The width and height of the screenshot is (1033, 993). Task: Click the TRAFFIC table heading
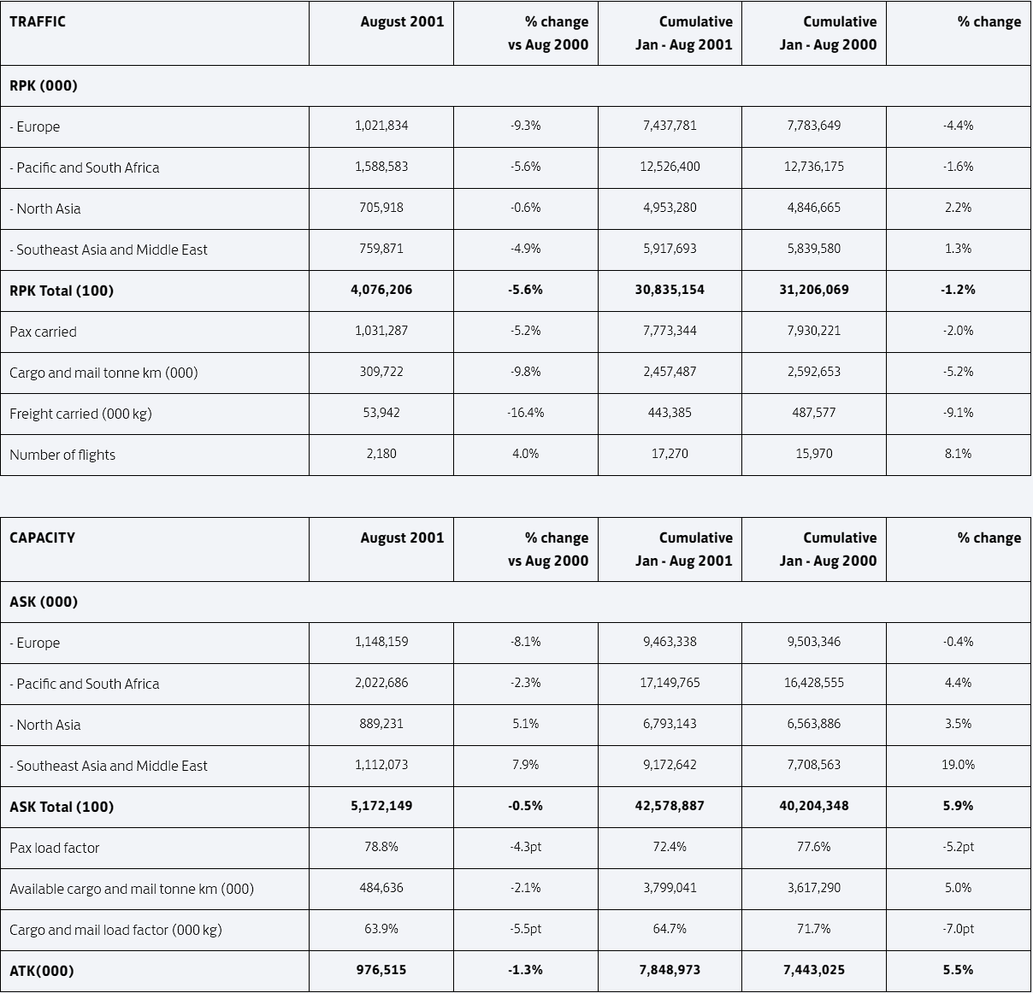[x=38, y=21]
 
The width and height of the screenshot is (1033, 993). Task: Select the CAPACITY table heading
[x=43, y=538]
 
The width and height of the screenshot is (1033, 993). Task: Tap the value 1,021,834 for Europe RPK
[x=381, y=126]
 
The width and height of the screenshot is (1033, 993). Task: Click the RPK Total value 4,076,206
[x=381, y=290]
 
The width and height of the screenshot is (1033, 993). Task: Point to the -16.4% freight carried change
[x=526, y=413]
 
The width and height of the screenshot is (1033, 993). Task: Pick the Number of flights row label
[x=62, y=455]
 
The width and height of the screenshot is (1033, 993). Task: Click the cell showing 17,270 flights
[x=670, y=454]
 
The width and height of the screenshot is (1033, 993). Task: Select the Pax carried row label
[x=43, y=332]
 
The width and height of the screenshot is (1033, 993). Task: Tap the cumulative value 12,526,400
[x=670, y=167]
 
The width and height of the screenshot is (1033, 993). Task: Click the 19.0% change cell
[x=958, y=764]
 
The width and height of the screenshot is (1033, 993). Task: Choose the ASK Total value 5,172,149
[x=381, y=806]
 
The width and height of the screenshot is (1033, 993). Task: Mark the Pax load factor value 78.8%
[x=381, y=847]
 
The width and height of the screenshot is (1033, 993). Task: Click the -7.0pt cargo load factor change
[x=958, y=929]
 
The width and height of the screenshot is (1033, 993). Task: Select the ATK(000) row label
[x=41, y=971]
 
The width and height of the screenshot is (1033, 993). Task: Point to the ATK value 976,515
[x=381, y=970]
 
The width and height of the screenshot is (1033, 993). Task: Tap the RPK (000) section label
[x=44, y=85]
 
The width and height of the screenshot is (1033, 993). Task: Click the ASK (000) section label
[x=44, y=602]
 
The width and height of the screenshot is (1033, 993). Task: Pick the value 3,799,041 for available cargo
[x=670, y=887]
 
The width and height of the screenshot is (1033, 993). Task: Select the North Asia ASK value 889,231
[x=381, y=724]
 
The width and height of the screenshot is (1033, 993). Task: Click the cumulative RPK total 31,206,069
[x=814, y=290]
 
